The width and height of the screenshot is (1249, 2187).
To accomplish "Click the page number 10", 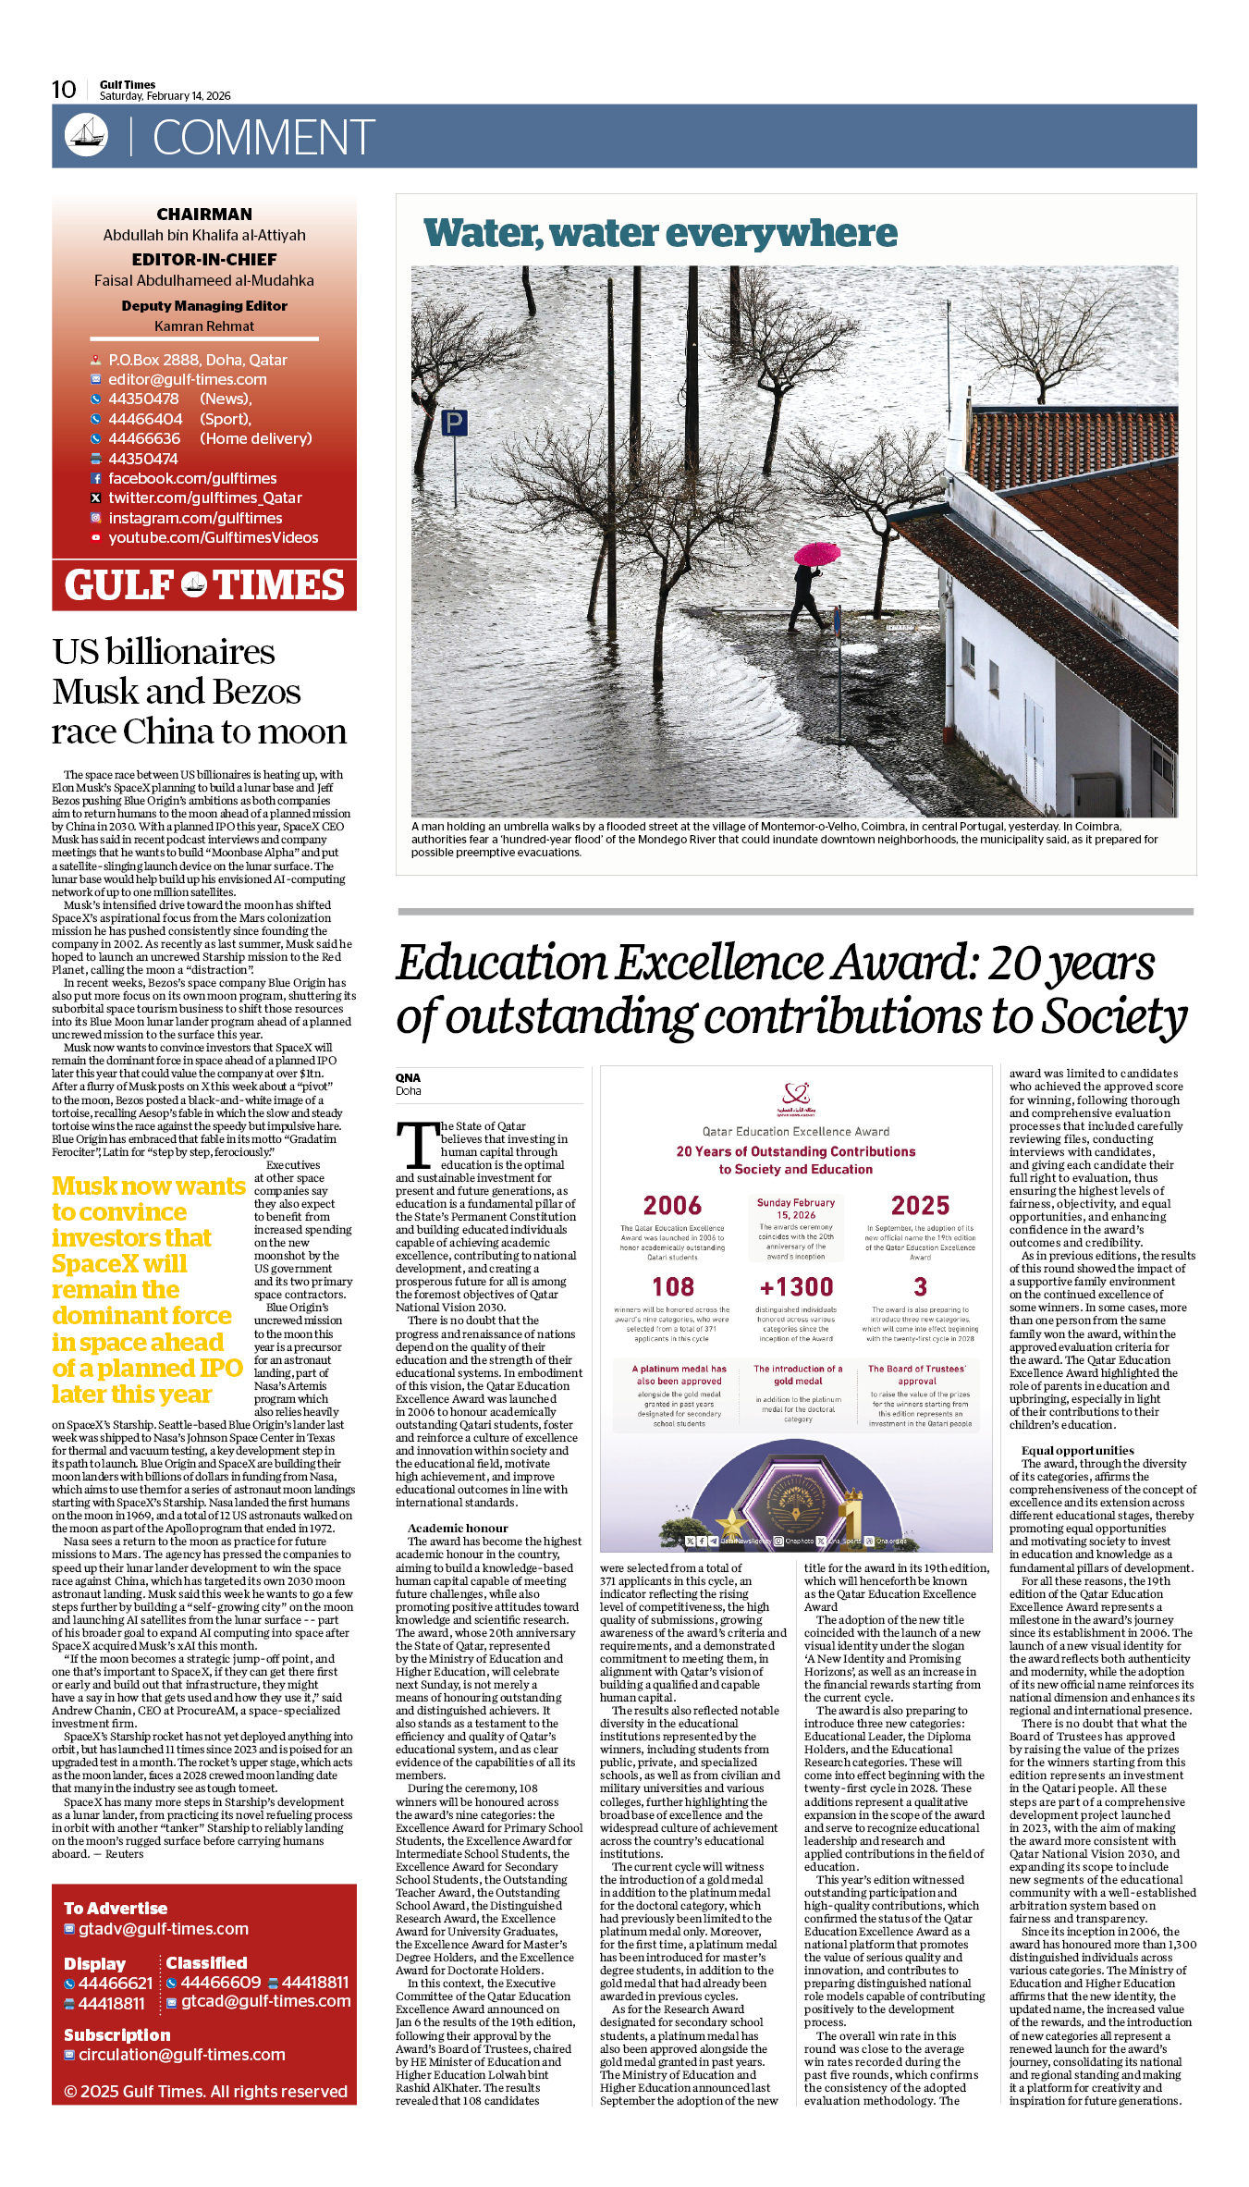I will pos(64,90).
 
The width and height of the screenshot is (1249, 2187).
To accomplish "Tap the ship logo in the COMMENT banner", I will pos(86,135).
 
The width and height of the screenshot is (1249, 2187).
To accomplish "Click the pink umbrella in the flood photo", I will pos(817,554).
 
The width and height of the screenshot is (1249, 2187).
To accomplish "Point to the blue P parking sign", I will pos(454,424).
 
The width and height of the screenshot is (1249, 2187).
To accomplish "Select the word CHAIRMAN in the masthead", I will pos(204,215).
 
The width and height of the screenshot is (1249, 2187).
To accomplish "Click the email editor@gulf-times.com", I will pos(187,379).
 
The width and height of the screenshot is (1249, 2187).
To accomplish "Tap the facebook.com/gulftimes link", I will pos(192,478).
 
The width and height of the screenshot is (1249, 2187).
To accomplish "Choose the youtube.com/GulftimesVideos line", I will pos(213,537).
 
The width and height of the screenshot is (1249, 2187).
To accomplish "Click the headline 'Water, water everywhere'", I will pos(660,233).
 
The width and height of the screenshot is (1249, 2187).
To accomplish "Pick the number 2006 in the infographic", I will pos(672,1206).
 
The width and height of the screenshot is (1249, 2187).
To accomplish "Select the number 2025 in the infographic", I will pos(920,1206).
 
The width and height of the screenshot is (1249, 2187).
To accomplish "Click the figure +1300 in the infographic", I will pos(796,1287).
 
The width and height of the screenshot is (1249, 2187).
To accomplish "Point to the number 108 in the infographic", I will pos(672,1287).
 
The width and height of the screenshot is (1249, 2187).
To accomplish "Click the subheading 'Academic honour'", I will pos(458,1529).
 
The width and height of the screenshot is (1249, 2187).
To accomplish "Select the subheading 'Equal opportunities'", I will pos(1077,1451).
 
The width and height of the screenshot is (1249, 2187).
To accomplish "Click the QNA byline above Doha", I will pos(408,1077).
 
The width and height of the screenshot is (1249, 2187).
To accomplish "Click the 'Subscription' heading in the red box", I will pos(117,2035).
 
